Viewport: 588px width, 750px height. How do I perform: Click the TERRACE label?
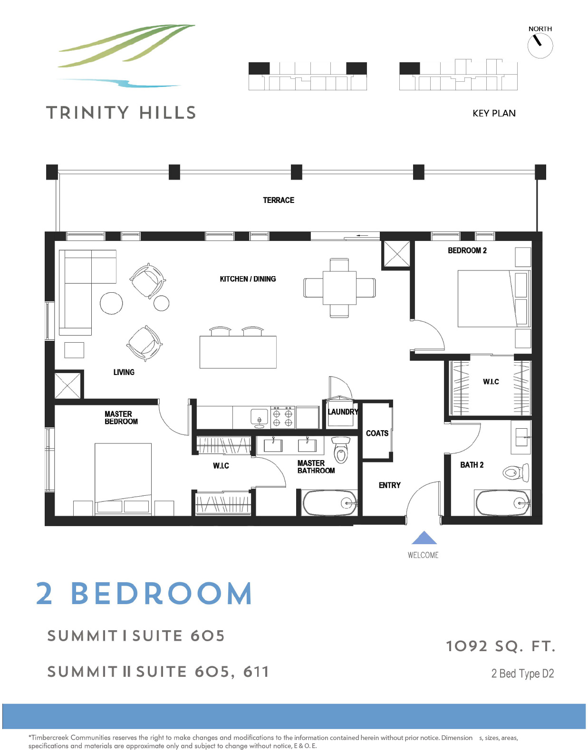[279, 200]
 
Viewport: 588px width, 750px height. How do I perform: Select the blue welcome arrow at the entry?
[424, 538]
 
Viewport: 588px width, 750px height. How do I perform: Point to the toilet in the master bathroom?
[341, 450]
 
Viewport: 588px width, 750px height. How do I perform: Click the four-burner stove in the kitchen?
[282, 417]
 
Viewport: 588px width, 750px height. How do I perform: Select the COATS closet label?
[377, 433]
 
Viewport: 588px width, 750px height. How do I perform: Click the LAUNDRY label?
[343, 412]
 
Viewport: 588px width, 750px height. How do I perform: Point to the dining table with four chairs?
[339, 288]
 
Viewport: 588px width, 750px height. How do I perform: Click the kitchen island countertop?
[238, 352]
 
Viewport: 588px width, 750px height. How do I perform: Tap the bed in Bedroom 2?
[487, 298]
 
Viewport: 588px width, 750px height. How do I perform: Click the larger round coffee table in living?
[111, 302]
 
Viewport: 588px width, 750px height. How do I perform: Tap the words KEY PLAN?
[494, 113]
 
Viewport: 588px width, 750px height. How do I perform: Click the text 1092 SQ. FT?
[500, 646]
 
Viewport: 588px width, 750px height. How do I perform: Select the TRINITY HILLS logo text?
[121, 113]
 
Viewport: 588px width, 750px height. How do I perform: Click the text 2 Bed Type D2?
[522, 673]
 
